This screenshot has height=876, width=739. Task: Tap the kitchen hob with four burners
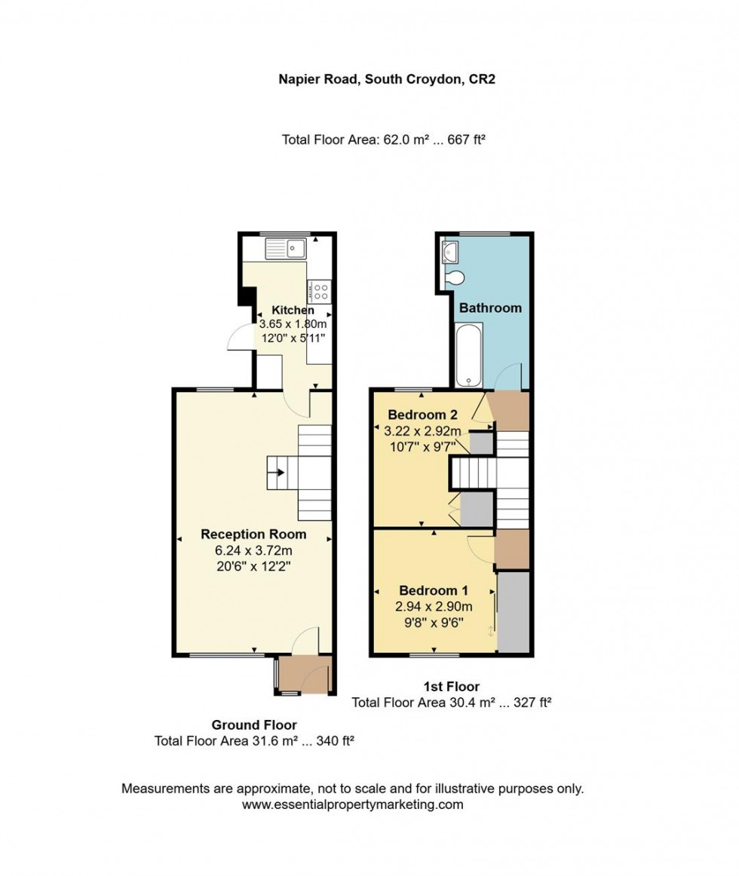click(319, 291)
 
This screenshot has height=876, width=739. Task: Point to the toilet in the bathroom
click(455, 279)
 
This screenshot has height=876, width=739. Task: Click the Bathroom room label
click(490, 308)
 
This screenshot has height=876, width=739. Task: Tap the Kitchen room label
click(293, 311)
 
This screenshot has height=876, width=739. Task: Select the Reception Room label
click(253, 534)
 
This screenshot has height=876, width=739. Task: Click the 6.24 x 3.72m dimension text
click(253, 550)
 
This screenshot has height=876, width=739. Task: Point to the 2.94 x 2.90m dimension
click(434, 606)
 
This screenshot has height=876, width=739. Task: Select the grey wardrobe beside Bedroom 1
click(514, 611)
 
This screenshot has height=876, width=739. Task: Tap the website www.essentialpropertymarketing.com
click(353, 804)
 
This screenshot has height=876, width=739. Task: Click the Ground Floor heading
click(253, 724)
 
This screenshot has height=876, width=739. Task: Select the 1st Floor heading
click(452, 686)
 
